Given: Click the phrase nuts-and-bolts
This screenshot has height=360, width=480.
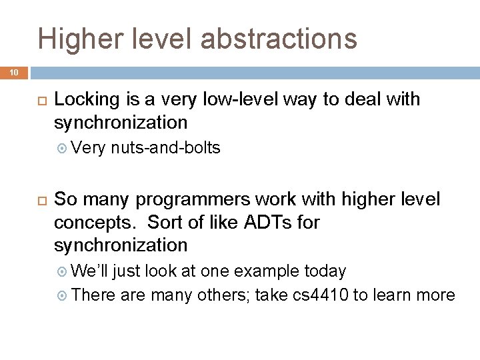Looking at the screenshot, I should [x=166, y=148].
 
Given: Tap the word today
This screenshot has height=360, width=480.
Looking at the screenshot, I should [x=325, y=271].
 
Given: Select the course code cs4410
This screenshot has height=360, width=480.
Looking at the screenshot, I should [x=319, y=294].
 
